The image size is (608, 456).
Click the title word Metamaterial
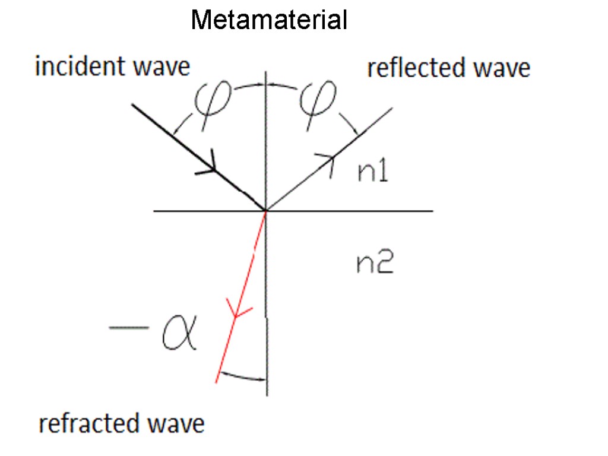pos(268,21)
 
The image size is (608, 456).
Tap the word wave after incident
pos(161,66)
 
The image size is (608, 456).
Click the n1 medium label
pos(372,172)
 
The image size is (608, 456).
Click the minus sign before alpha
pos(128,327)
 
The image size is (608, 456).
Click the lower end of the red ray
pos(218,381)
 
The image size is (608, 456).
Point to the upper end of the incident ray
pos(132,105)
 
